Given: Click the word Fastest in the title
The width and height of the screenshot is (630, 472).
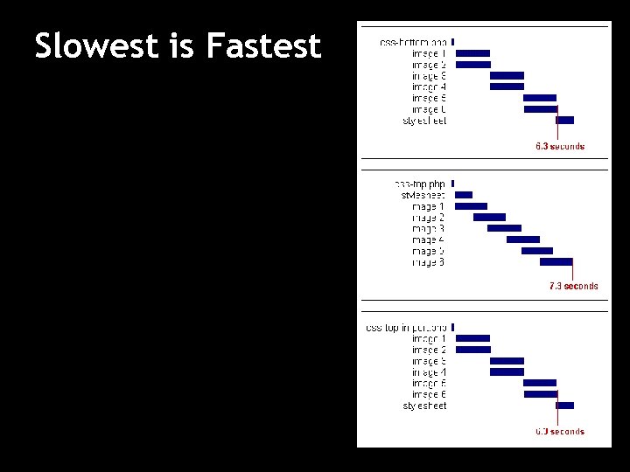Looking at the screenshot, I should pyautogui.click(x=263, y=46).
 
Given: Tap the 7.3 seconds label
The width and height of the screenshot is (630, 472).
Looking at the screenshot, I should pyautogui.click(x=573, y=286).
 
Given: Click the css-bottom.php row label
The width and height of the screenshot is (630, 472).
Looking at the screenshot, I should pyautogui.click(x=413, y=42).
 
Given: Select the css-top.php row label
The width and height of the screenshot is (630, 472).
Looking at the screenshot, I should pyautogui.click(x=419, y=184).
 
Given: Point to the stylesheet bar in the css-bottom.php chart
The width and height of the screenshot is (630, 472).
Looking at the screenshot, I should pyautogui.click(x=564, y=121).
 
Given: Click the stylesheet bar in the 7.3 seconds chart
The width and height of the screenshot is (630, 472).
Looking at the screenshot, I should pyautogui.click(x=464, y=195).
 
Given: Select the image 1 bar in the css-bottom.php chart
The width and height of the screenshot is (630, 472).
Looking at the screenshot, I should pyautogui.click(x=472, y=53).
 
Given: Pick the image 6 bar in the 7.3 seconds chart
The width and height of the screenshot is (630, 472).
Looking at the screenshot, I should pyautogui.click(x=556, y=261).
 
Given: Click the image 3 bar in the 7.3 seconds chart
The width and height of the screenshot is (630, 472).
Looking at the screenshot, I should pyautogui.click(x=504, y=228).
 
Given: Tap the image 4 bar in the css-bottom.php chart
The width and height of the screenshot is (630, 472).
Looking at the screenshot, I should pyautogui.click(x=507, y=87).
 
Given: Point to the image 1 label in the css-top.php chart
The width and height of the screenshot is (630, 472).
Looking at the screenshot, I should pyautogui.click(x=428, y=206).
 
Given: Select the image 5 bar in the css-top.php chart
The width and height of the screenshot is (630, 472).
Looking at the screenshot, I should pyautogui.click(x=536, y=250).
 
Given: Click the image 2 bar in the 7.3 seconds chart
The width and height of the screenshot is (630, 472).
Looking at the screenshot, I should pyautogui.click(x=489, y=217).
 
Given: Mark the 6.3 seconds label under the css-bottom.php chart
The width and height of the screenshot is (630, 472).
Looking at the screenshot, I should pyautogui.click(x=560, y=146).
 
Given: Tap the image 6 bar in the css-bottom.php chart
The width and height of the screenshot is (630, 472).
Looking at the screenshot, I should pyautogui.click(x=540, y=109).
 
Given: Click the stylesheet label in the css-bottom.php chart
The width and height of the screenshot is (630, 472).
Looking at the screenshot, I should pyautogui.click(x=424, y=121).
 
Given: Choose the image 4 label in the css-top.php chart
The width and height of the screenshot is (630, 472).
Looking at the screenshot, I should pyautogui.click(x=428, y=239).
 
